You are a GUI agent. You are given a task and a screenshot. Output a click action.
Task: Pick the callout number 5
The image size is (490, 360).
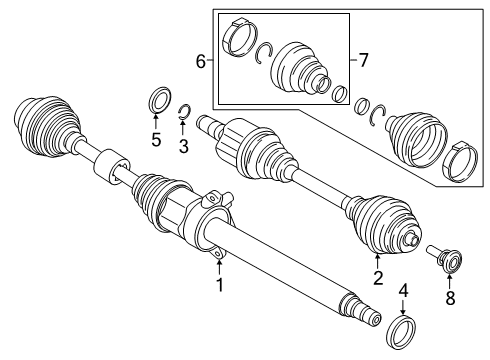click(156, 140)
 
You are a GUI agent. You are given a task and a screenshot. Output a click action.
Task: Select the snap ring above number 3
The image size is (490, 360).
click(184, 112)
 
